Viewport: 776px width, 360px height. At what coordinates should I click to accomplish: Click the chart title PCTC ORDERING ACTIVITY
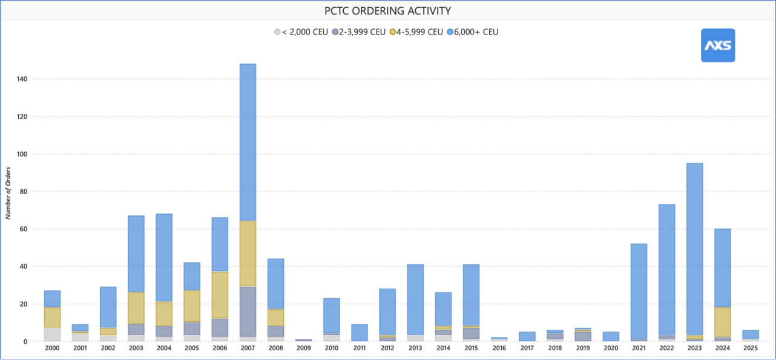(x=387, y=10)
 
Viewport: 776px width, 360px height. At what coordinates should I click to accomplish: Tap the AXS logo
(x=718, y=45)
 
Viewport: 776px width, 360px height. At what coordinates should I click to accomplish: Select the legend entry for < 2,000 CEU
(x=301, y=32)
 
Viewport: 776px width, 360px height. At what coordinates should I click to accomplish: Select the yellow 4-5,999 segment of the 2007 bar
(x=248, y=254)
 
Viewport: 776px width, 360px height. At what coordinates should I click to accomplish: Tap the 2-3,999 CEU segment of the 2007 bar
(x=248, y=312)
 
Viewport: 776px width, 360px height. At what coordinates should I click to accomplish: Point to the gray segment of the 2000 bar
(x=52, y=334)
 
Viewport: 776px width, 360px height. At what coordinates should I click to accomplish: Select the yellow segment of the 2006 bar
(x=220, y=295)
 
